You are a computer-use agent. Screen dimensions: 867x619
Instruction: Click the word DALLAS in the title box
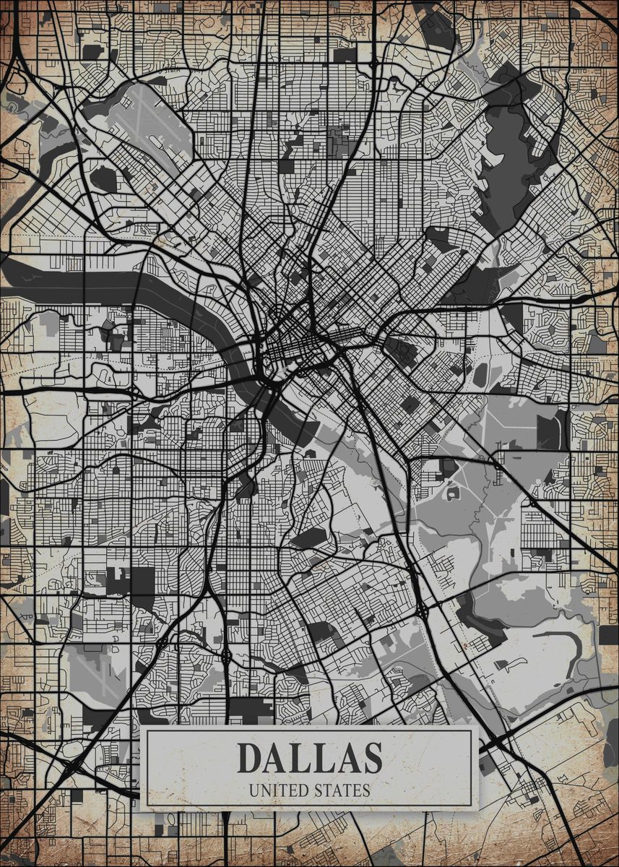(309, 757)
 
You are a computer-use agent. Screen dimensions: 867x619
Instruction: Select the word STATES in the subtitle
(342, 790)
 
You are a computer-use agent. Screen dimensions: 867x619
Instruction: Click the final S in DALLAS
(369, 757)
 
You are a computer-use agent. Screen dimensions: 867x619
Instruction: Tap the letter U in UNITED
(253, 790)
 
